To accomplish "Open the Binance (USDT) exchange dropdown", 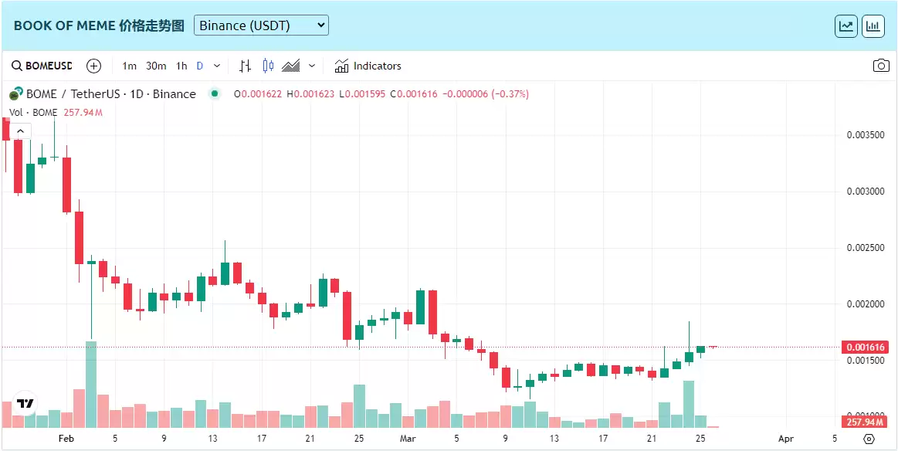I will coord(261,25).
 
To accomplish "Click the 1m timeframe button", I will coord(130,66).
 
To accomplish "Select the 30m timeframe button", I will coord(156,66).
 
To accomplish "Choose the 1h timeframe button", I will coord(181,66).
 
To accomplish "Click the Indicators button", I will coord(368,66).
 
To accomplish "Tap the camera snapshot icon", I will coord(881,66).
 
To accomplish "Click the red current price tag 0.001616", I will coord(866,348).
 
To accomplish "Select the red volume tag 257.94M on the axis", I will coord(865,422).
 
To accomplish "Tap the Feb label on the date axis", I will coord(66,439).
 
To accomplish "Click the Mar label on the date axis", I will coord(408,439).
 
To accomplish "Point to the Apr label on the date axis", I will coord(786,439).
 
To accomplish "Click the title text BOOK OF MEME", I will coord(64,25).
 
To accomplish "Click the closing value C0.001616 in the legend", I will coord(414,94).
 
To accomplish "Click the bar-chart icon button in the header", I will coord(873,25).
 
